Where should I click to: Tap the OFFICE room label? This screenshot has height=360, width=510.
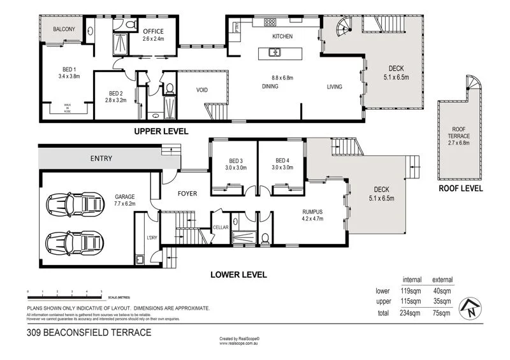point(153,31)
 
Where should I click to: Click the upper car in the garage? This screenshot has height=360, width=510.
point(75,205)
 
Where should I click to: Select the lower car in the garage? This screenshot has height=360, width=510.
point(75,243)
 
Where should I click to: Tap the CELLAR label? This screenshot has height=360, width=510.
point(221,226)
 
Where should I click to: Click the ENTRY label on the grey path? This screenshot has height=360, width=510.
point(101,158)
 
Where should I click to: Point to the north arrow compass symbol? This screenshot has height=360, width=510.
point(470,308)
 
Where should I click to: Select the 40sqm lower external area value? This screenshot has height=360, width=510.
point(442,291)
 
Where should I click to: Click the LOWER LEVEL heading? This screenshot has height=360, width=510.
point(238,275)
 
